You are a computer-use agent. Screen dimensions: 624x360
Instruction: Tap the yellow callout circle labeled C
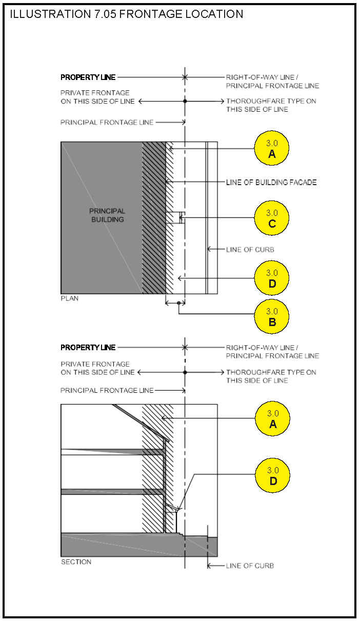272,218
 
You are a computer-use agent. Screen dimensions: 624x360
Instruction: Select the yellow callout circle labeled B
272,316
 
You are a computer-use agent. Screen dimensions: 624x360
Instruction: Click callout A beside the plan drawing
272,148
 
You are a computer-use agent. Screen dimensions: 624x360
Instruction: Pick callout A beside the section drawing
272,418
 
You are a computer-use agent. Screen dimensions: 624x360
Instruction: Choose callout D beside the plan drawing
272,278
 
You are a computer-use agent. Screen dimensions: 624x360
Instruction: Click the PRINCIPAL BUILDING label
107,215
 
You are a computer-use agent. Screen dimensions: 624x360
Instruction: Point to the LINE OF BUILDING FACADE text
271,182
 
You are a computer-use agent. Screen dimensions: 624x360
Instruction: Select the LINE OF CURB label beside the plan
250,250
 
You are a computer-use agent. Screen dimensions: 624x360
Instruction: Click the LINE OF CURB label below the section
250,566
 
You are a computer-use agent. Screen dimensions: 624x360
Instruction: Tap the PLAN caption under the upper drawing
70,298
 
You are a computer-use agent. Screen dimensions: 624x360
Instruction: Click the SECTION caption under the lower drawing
76,562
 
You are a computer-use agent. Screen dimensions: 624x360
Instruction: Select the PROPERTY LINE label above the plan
88,77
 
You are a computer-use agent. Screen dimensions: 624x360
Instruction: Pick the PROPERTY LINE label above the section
88,348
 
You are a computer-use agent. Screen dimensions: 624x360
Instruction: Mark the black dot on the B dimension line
178,303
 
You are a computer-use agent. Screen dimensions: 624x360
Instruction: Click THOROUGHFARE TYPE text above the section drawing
271,372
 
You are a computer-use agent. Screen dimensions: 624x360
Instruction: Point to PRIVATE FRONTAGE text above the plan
95,93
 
